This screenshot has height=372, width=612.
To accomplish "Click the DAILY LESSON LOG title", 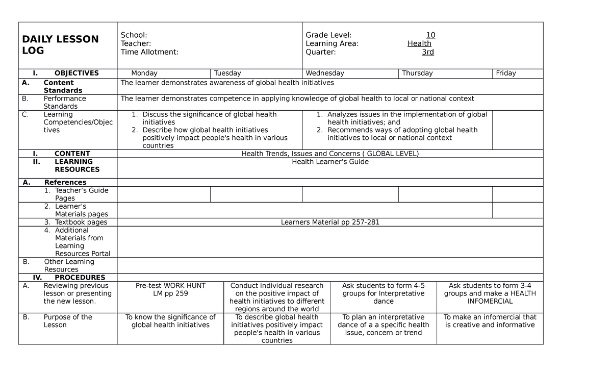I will click(60, 45).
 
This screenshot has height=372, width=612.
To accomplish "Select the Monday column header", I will click(144, 73).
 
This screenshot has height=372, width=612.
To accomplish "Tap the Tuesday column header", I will click(227, 73).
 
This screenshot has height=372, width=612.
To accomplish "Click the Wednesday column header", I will click(325, 73).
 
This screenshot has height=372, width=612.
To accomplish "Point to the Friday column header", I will click(506, 73).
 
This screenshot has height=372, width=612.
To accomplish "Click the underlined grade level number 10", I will click(430, 35).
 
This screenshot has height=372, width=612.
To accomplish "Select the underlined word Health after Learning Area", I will click(419, 44).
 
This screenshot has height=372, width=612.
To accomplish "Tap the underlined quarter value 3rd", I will click(427, 52).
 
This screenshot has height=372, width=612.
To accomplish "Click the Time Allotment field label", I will click(149, 52).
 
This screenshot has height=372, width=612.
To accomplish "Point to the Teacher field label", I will click(136, 44).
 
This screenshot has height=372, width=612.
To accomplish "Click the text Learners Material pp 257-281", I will click(330, 222).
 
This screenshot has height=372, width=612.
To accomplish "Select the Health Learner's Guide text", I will click(330, 162).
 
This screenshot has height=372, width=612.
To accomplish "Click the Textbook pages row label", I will click(81, 222).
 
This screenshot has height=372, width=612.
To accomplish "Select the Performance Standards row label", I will click(64, 102).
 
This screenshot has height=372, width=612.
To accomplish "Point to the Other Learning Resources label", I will click(69, 265).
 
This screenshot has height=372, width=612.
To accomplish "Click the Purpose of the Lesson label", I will click(68, 321).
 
